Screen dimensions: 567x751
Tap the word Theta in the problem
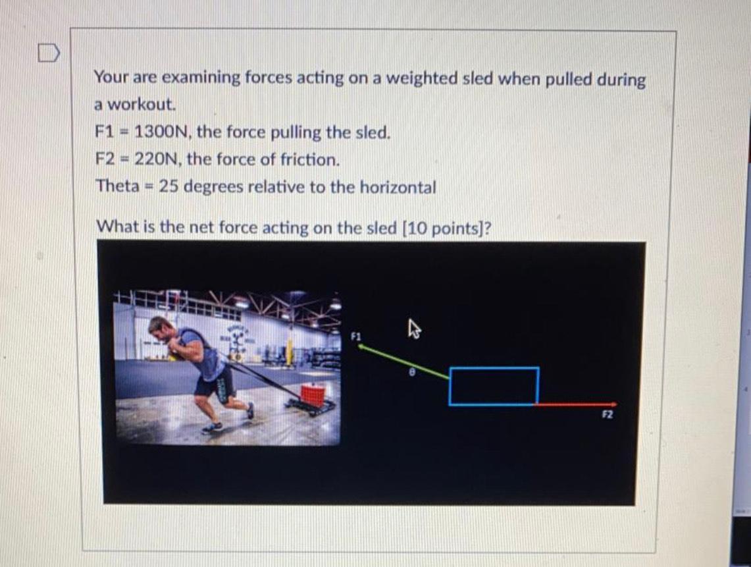(116, 186)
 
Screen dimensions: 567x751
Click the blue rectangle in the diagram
(494, 386)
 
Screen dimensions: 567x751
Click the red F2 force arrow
(577, 404)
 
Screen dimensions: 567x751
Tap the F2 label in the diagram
(608, 416)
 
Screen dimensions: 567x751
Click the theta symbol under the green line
(412, 372)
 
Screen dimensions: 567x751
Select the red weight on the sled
(313, 396)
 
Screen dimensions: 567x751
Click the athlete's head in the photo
(159, 325)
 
